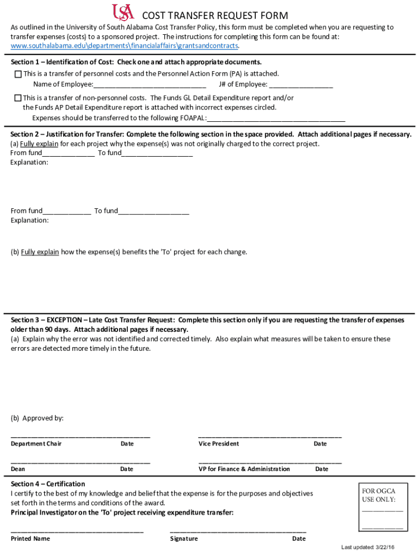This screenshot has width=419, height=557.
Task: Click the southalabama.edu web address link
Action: tap(125, 46)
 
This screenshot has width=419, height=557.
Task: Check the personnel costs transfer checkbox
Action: tap(18, 74)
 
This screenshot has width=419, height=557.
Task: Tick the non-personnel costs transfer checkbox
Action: tap(18, 98)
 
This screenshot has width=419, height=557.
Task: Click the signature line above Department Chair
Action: tap(81, 436)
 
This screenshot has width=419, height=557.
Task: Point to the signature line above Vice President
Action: tap(270, 436)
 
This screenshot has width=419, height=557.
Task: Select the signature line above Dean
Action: tap(81, 462)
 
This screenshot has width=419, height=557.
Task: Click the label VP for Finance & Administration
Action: tap(244, 469)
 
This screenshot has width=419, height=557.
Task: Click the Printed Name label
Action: tap(30, 539)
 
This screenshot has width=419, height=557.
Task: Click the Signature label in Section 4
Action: tap(184, 539)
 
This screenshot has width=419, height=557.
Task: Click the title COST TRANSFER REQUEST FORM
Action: tap(215, 16)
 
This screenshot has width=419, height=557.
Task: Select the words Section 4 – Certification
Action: tap(48, 484)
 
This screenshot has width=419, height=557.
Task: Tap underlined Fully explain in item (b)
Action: tap(40, 252)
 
